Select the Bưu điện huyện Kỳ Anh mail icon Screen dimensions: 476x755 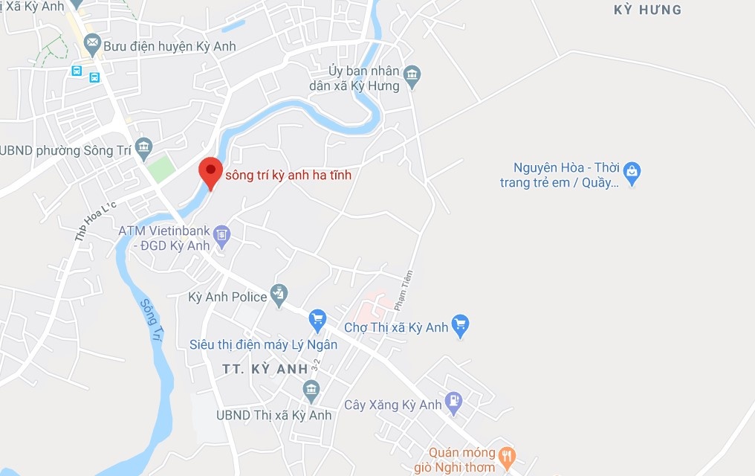tap(92, 45)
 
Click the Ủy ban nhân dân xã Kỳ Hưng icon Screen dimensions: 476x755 tap(412, 74)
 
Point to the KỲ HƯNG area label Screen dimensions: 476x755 tap(648, 10)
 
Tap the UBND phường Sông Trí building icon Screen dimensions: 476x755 tap(144, 146)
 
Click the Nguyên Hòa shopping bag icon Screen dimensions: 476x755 tap(632, 173)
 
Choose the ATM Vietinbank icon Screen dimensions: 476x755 tap(221, 237)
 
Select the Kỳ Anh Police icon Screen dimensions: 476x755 tap(279, 295)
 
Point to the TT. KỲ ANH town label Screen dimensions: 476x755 tap(265, 369)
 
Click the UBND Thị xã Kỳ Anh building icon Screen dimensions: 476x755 tap(311, 390)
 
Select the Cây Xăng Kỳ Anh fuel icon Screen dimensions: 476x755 tap(453, 403)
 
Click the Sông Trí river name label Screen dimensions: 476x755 tap(151, 319)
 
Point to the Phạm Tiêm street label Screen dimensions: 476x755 tap(404, 290)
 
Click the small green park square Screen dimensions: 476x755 tap(161, 169)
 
